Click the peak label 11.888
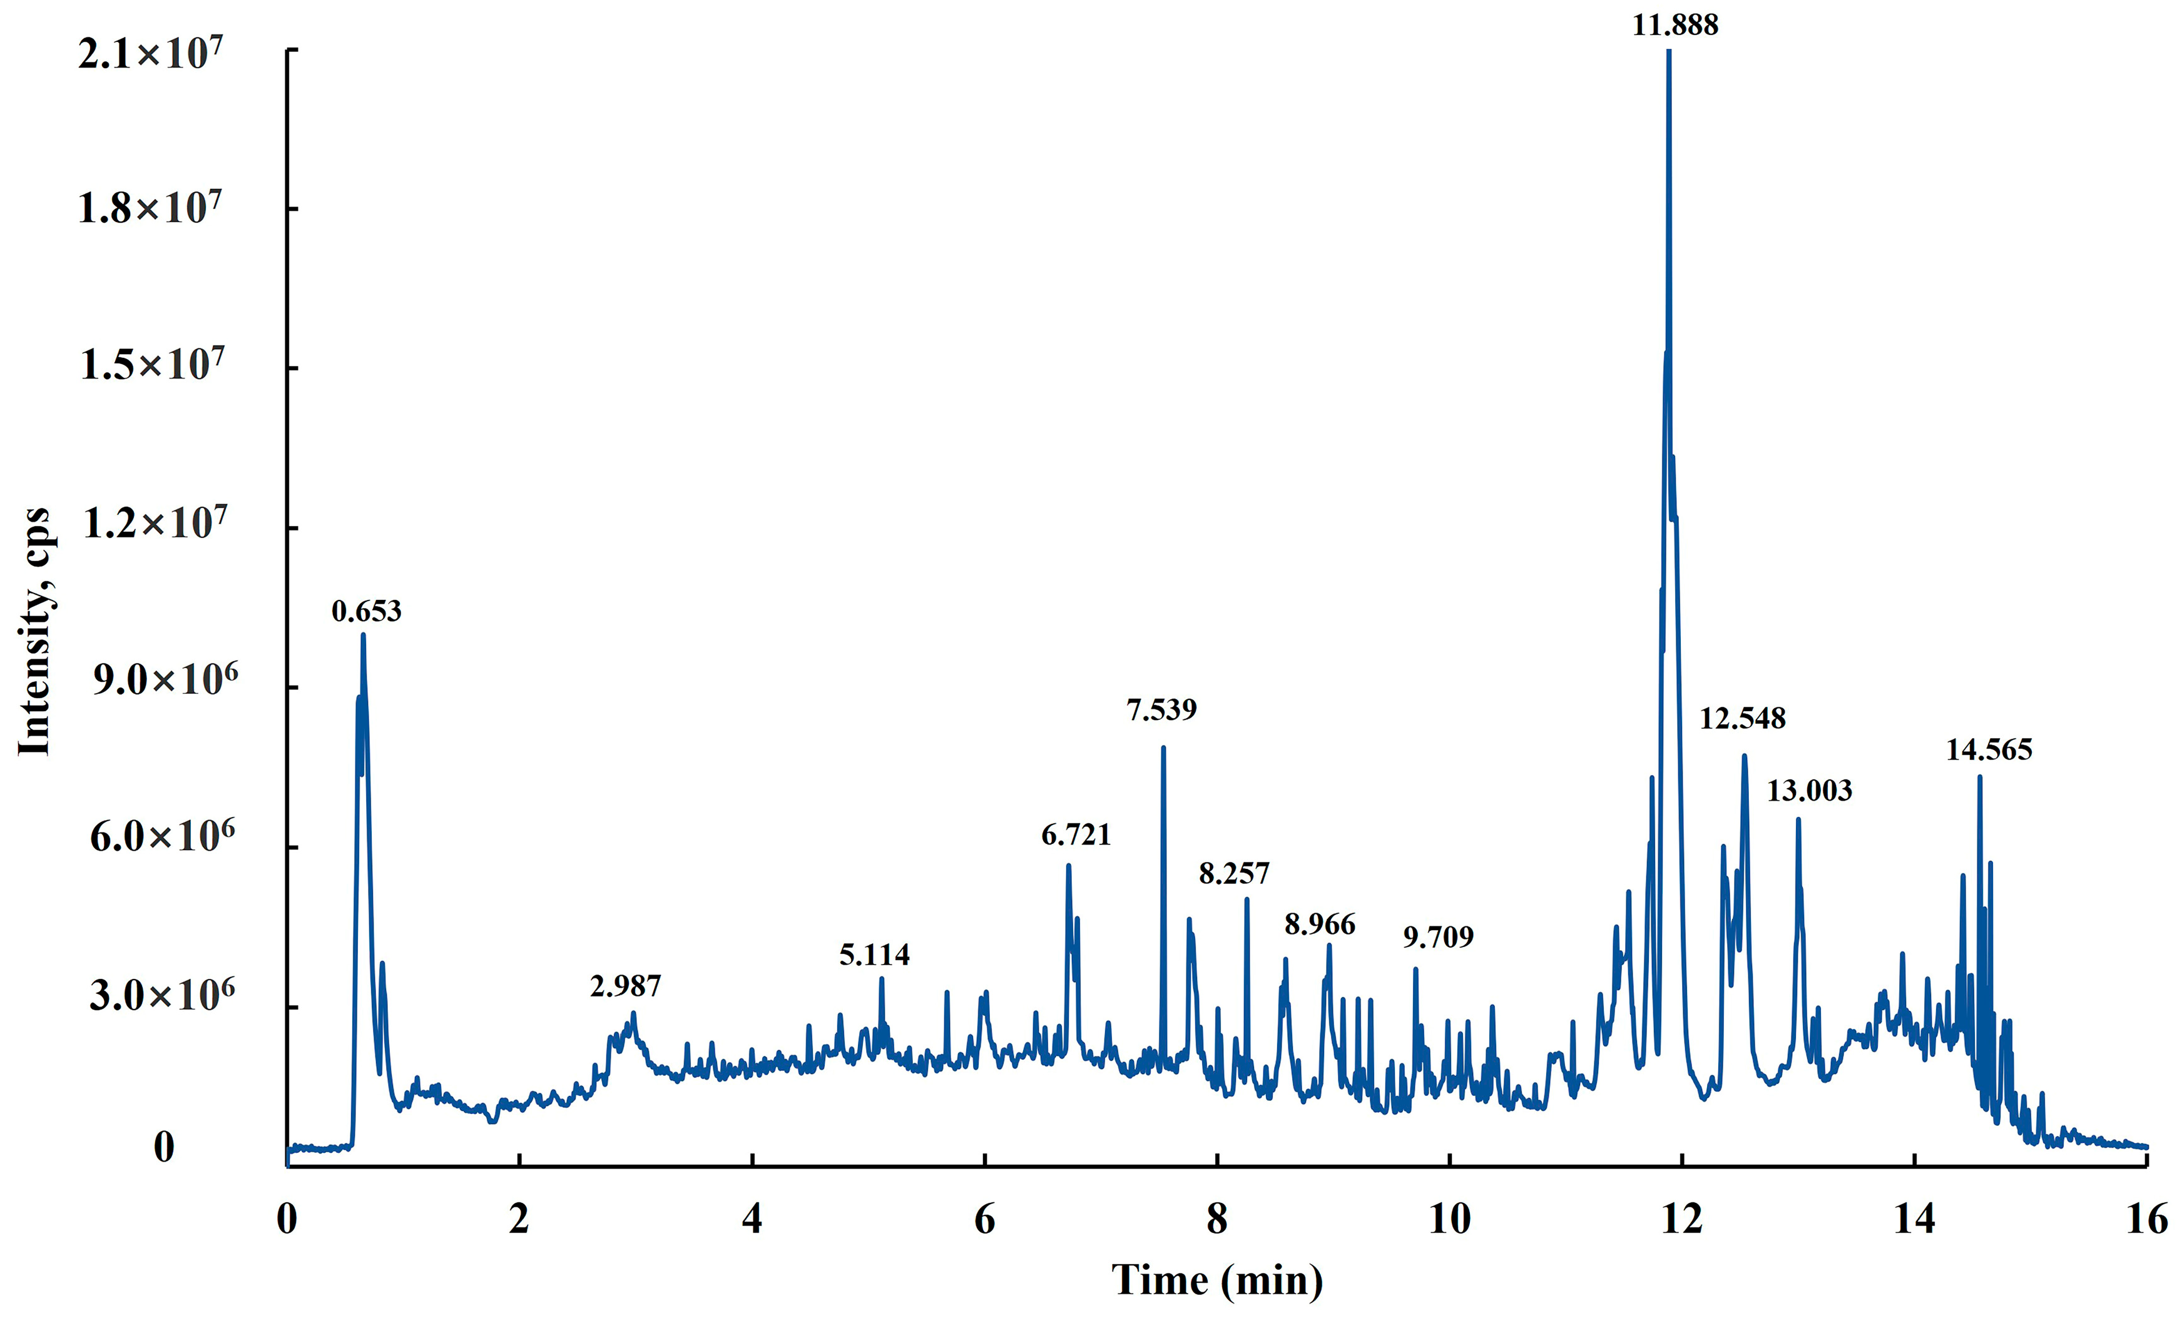coord(1675,25)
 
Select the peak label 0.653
coord(366,611)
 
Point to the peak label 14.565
coord(1989,750)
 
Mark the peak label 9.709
coord(1439,936)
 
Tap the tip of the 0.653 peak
coord(362,634)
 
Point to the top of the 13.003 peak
coord(1798,820)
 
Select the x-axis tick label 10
coord(1449,1220)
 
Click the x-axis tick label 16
coord(2147,1220)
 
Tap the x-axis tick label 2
coord(519,1220)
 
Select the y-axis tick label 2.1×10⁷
coord(150,53)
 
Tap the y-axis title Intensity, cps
coord(35,632)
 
